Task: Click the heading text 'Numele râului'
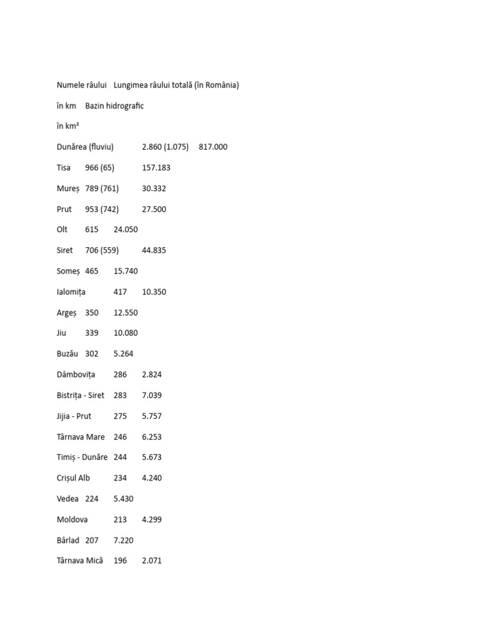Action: click(x=81, y=85)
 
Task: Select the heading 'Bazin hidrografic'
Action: click(x=114, y=106)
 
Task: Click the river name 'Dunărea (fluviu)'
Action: click(x=85, y=147)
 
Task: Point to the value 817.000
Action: click(x=213, y=147)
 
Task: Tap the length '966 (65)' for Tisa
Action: click(x=99, y=168)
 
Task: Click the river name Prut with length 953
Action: click(x=64, y=209)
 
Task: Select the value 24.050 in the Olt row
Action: click(x=125, y=230)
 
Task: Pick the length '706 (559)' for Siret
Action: click(x=102, y=250)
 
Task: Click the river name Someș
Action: click(x=68, y=271)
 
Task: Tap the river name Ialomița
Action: click(x=71, y=292)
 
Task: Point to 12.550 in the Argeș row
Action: click(x=125, y=313)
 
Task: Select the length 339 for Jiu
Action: click(x=92, y=333)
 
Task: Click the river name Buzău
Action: click(x=68, y=353)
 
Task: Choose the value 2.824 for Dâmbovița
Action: click(x=152, y=374)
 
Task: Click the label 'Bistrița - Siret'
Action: click(x=80, y=395)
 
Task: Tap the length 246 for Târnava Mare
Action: click(x=120, y=436)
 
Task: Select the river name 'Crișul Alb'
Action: click(x=73, y=478)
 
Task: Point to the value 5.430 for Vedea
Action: click(x=123, y=499)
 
